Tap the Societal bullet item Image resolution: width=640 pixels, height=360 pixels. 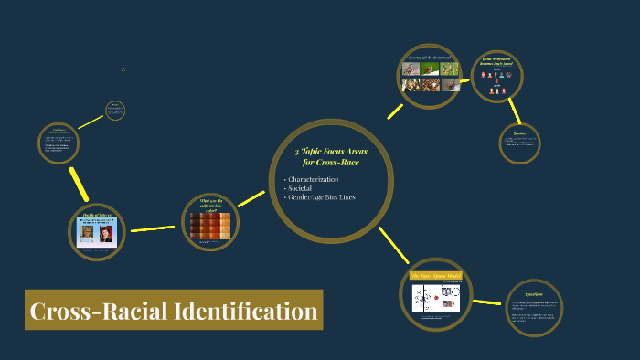coord(303,188)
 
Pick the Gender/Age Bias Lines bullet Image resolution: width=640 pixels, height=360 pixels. coord(323,197)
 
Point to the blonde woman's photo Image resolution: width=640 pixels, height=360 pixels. coord(85,235)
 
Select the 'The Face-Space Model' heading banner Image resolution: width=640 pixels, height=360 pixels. coord(435,275)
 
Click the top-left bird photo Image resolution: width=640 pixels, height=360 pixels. coord(411,69)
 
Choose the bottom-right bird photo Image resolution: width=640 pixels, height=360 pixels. coord(450,85)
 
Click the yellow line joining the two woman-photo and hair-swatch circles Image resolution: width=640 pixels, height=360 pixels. coord(152,228)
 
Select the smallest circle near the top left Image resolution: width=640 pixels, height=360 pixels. coord(115,111)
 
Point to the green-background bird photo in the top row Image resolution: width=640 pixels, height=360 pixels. coord(450,69)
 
